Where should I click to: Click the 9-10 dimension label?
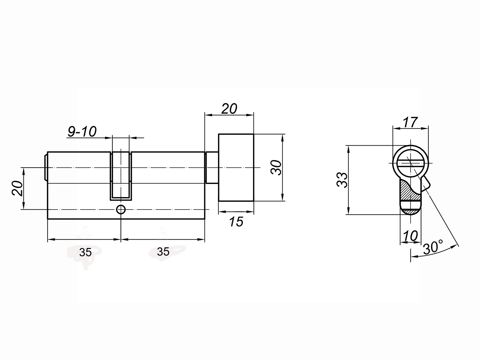coord(82,132)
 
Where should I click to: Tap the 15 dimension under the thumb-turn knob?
coord(236,222)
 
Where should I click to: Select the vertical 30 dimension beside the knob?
coord(276,167)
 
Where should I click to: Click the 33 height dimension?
coord(342,180)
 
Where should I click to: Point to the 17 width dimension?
coord(410,122)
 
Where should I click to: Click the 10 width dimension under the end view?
coord(410,236)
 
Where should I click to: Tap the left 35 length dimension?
coord(85,253)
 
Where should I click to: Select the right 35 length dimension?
coord(163,252)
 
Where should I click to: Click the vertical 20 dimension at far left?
coord(18,188)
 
